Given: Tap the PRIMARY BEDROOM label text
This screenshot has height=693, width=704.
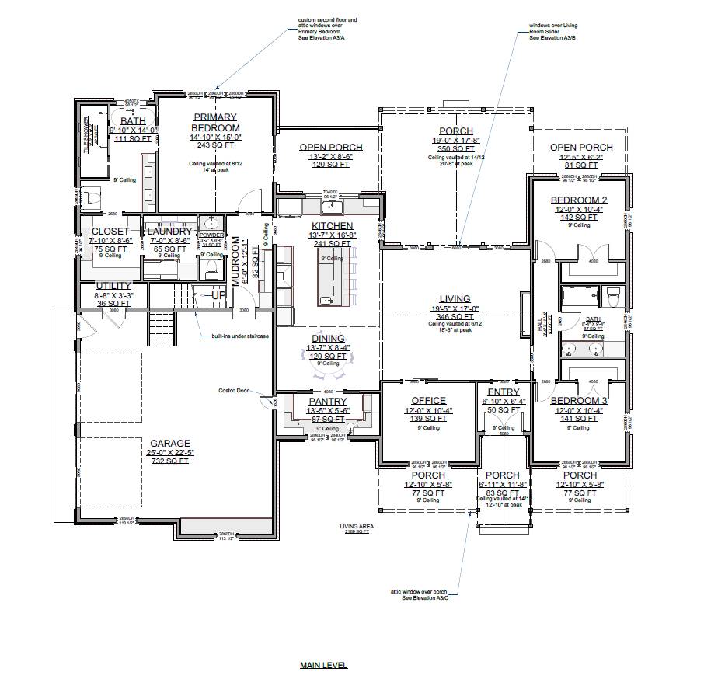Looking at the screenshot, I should coord(216,122).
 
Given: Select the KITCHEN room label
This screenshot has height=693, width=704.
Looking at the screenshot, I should coord(332,226).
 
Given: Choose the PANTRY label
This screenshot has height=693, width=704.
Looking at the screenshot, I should coord(327,402).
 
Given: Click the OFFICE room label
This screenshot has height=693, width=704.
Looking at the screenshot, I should coord(428,402).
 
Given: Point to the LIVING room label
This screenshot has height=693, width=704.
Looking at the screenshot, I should coord(455,298).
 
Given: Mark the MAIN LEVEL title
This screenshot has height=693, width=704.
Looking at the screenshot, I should coord(323,666).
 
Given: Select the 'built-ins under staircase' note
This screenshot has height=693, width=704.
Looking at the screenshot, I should coord(235,336).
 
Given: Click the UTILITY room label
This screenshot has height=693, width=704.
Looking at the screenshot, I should coord(113,286).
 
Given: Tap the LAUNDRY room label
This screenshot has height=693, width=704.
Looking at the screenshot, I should coord(169,232).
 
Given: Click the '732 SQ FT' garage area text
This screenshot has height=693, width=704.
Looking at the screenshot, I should coord(170,461).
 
